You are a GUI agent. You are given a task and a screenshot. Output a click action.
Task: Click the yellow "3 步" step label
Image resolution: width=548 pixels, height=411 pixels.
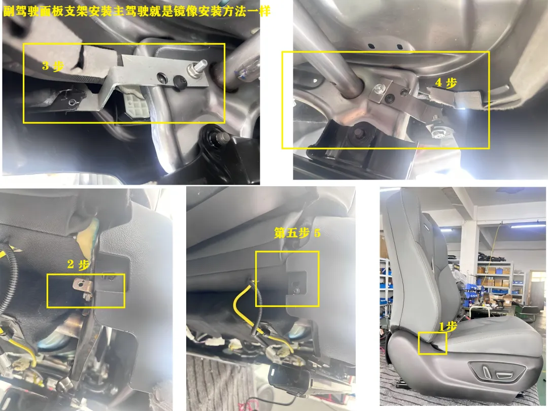pos(52,65)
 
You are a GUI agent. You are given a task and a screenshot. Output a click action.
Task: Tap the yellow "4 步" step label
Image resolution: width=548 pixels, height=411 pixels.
pos(446,83)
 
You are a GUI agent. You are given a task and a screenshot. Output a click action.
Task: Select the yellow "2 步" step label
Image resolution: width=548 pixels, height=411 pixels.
pos(78,264)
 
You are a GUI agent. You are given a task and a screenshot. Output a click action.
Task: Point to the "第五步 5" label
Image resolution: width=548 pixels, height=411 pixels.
pos(297,233)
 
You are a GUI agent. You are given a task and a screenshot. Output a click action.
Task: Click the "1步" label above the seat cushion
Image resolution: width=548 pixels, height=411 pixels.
pos(448,326)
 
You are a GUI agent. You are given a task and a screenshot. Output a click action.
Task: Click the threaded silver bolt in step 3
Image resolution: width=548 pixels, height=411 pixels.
pos(197,68)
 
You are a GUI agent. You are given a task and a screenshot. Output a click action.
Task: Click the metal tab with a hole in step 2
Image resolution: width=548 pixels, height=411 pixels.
pos(82,287)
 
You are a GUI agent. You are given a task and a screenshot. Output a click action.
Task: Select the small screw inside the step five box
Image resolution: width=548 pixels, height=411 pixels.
pos(297,291)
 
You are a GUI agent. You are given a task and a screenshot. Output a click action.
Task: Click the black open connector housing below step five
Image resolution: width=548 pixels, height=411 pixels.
pos(287,378)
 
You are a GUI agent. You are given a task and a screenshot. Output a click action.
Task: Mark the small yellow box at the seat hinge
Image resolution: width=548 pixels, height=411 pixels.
pos(433,343)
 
